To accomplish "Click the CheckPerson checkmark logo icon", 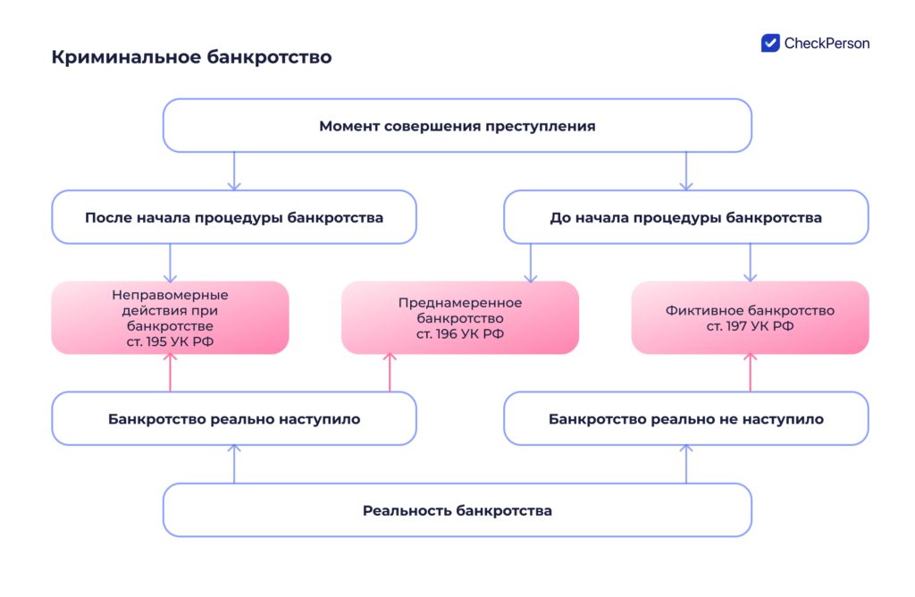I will pyautogui.click(x=770, y=43).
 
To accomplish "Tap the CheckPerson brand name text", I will pyautogui.click(x=827, y=43).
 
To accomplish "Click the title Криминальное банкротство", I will pyautogui.click(x=191, y=57).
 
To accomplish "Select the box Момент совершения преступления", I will pyautogui.click(x=457, y=126).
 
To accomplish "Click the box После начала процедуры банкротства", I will pyautogui.click(x=234, y=217).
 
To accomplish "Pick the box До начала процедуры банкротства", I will pyautogui.click(x=685, y=217).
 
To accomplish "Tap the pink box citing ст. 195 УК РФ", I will pyautogui.click(x=170, y=318).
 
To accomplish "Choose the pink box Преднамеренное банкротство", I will pyautogui.click(x=459, y=318).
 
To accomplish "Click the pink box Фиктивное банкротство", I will pyautogui.click(x=750, y=318).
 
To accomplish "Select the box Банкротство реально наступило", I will pyautogui.click(x=234, y=418).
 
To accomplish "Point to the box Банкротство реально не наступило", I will pyautogui.click(x=685, y=418).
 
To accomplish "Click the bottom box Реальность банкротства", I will pyautogui.click(x=457, y=510).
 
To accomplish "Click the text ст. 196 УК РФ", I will pyautogui.click(x=459, y=333).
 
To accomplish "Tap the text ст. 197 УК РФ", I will pyautogui.click(x=750, y=326).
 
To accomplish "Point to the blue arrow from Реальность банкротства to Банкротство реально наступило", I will pyautogui.click(x=234, y=464).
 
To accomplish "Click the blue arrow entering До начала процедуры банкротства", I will pyautogui.click(x=685, y=171).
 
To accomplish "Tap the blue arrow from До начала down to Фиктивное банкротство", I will pyautogui.click(x=750, y=263).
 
